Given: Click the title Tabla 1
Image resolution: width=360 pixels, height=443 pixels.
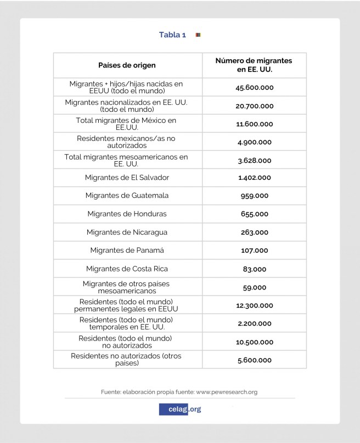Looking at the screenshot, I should (x=172, y=35).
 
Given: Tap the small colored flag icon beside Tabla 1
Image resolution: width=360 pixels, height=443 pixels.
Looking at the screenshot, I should (x=198, y=35).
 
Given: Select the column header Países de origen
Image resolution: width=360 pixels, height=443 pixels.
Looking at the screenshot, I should (x=127, y=65).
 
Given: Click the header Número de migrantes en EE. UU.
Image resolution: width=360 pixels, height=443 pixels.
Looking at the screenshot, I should (x=254, y=65).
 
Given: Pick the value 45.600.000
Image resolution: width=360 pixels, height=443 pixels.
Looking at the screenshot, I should (x=254, y=87).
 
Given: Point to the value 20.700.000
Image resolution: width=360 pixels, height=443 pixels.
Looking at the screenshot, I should (x=254, y=106).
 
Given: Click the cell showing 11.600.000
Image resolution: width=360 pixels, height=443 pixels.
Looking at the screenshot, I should (x=254, y=124).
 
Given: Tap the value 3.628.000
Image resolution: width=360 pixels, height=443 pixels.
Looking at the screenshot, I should (x=254, y=161).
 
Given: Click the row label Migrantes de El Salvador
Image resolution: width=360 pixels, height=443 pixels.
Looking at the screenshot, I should (x=127, y=178).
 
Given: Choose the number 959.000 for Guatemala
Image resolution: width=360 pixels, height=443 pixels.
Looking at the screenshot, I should (x=254, y=196).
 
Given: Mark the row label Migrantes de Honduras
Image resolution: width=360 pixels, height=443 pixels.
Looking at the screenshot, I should (x=127, y=214).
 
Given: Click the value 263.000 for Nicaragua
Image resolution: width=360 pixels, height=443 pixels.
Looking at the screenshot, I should (x=254, y=232).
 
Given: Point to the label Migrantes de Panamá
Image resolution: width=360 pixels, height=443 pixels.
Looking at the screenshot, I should (x=127, y=251).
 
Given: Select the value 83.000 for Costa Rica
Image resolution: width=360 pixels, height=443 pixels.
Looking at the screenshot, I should (x=254, y=269).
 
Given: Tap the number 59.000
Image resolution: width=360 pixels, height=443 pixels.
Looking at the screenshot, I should (x=254, y=287).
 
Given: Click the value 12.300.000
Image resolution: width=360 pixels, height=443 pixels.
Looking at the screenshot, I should (x=254, y=305).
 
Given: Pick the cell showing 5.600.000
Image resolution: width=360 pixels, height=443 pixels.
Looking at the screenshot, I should (x=254, y=360).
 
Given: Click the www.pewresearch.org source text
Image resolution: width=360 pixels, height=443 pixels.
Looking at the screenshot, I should (x=227, y=392).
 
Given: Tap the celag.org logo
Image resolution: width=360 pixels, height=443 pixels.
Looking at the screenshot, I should (x=180, y=409).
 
